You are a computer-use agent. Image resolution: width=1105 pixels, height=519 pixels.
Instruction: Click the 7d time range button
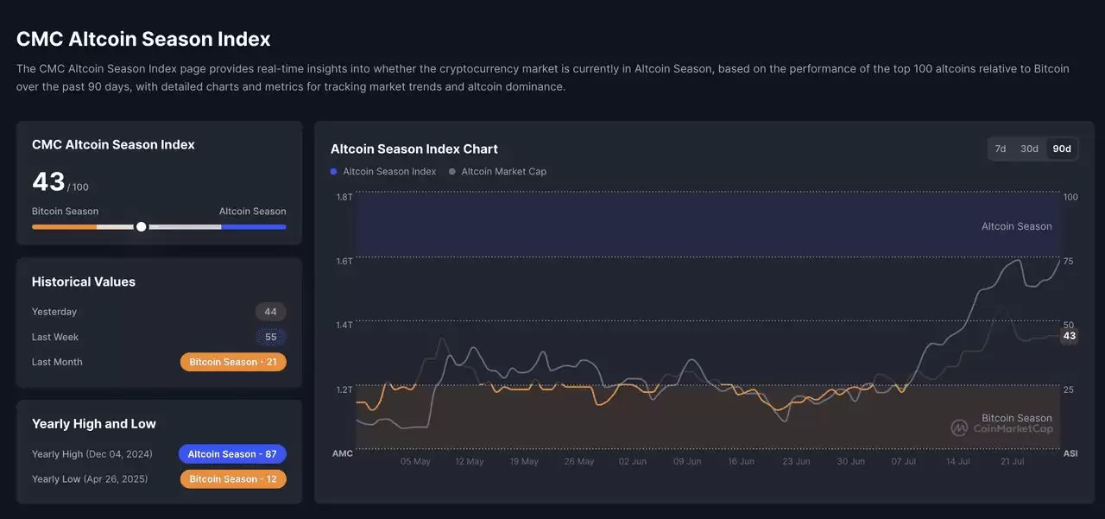1001,149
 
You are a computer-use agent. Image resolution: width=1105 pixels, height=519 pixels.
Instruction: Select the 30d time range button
1029,149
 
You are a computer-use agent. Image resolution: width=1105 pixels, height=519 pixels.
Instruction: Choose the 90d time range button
1062,149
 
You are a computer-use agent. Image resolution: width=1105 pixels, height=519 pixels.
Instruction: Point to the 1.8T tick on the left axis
344,197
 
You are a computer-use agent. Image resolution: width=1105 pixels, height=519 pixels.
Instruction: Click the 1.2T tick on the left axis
344,389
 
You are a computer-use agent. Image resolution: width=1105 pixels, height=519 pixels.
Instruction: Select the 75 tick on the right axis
1069,261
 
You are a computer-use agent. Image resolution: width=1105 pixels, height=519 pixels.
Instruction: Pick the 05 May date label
415,461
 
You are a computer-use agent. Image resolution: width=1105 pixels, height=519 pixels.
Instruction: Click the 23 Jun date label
796,461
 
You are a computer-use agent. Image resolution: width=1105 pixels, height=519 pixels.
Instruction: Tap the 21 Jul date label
1012,461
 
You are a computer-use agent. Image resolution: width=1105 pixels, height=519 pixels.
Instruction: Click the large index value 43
48,181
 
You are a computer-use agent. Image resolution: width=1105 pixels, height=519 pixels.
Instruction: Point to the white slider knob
142,226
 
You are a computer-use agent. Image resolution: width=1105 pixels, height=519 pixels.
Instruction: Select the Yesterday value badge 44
270,312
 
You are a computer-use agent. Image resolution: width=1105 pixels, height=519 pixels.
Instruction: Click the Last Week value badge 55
270,337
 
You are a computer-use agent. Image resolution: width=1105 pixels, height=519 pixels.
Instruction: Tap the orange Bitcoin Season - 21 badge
233,362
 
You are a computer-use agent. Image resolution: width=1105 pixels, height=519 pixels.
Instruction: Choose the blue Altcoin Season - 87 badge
232,453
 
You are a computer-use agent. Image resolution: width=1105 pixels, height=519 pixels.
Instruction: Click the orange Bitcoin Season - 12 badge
233,478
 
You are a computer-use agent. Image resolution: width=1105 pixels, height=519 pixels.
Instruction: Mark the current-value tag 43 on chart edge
1070,336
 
